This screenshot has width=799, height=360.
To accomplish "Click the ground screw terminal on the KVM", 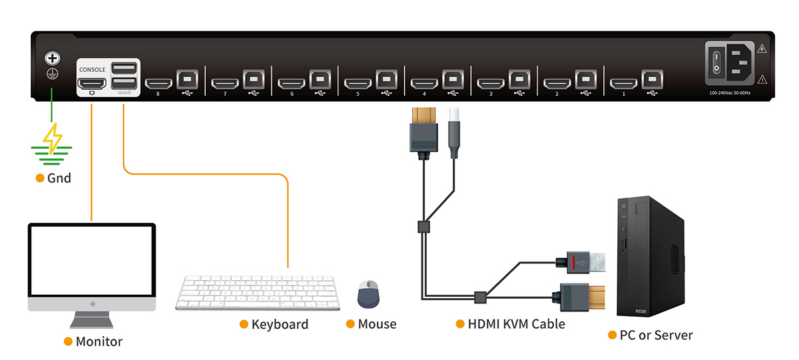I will click(52, 59).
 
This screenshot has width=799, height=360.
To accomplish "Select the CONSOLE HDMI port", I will click(92, 84).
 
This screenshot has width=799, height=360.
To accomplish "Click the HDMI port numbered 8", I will click(158, 84).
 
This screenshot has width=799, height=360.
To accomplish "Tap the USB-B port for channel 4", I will click(453, 78).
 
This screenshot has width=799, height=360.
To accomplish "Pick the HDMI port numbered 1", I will click(623, 84).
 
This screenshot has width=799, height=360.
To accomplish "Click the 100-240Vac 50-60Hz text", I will click(730, 92).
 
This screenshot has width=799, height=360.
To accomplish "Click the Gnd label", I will click(59, 178).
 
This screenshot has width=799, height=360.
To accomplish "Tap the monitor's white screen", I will click(91, 260).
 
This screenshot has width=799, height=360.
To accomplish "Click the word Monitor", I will click(99, 341).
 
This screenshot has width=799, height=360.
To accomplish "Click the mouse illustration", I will click(368, 293).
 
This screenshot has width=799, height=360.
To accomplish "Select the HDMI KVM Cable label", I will click(516, 324).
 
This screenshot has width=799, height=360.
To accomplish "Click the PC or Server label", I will click(656, 335).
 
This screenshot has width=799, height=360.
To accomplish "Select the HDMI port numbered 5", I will click(358, 84).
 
